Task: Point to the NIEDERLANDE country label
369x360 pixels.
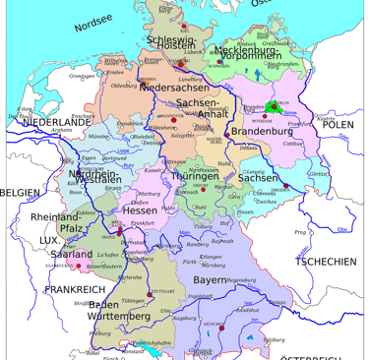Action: (55, 121)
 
